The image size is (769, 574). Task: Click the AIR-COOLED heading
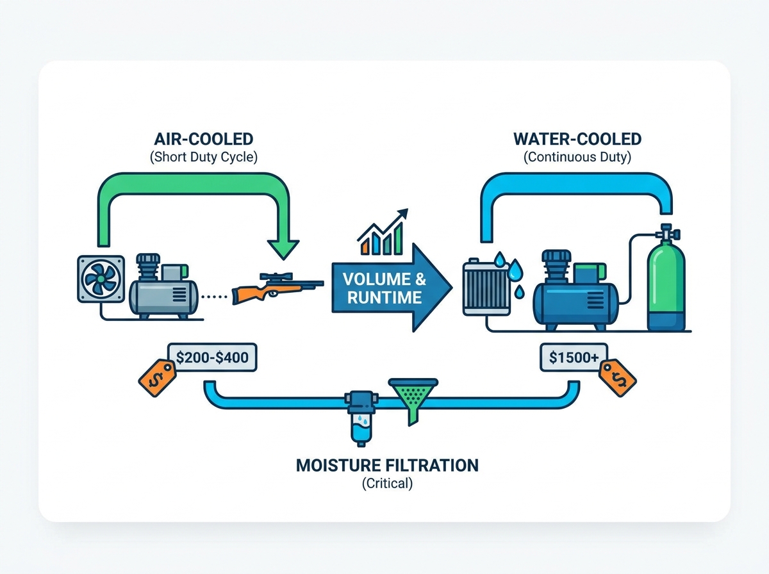[x=204, y=139]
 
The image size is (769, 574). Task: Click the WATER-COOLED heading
[x=577, y=139]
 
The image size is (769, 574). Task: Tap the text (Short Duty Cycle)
[x=204, y=157]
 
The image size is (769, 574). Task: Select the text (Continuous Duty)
[x=577, y=157]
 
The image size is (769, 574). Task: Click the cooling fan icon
[x=101, y=279]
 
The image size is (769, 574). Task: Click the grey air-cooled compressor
[x=163, y=286]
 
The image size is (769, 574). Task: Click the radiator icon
[x=486, y=287]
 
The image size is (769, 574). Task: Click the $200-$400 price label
[x=212, y=357]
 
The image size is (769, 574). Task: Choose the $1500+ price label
[x=574, y=357]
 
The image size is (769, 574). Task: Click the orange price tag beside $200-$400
[x=157, y=378]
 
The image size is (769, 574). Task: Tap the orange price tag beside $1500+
[x=617, y=378]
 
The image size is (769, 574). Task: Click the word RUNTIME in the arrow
[x=384, y=297]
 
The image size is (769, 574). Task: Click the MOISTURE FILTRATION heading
[x=387, y=466]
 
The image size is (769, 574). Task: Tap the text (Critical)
[x=387, y=484]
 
